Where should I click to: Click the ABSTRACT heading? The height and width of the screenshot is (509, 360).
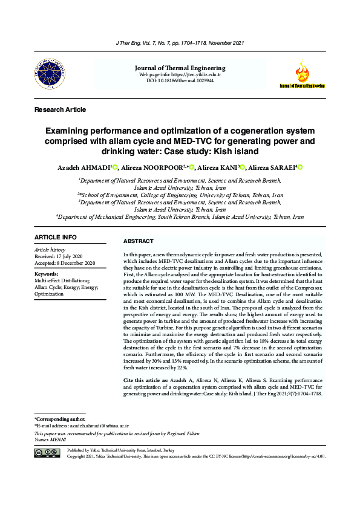coord(138,241)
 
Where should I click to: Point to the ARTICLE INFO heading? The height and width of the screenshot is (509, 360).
coord(56,237)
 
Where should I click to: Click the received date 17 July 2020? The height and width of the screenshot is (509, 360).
coord(65,256)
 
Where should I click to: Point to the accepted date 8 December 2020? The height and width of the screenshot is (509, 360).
coord(65,263)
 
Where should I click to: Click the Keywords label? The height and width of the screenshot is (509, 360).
coord(47,274)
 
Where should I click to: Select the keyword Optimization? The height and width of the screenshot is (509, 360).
coord(50,293)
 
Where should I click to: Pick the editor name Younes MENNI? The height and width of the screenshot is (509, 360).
coord(52,440)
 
